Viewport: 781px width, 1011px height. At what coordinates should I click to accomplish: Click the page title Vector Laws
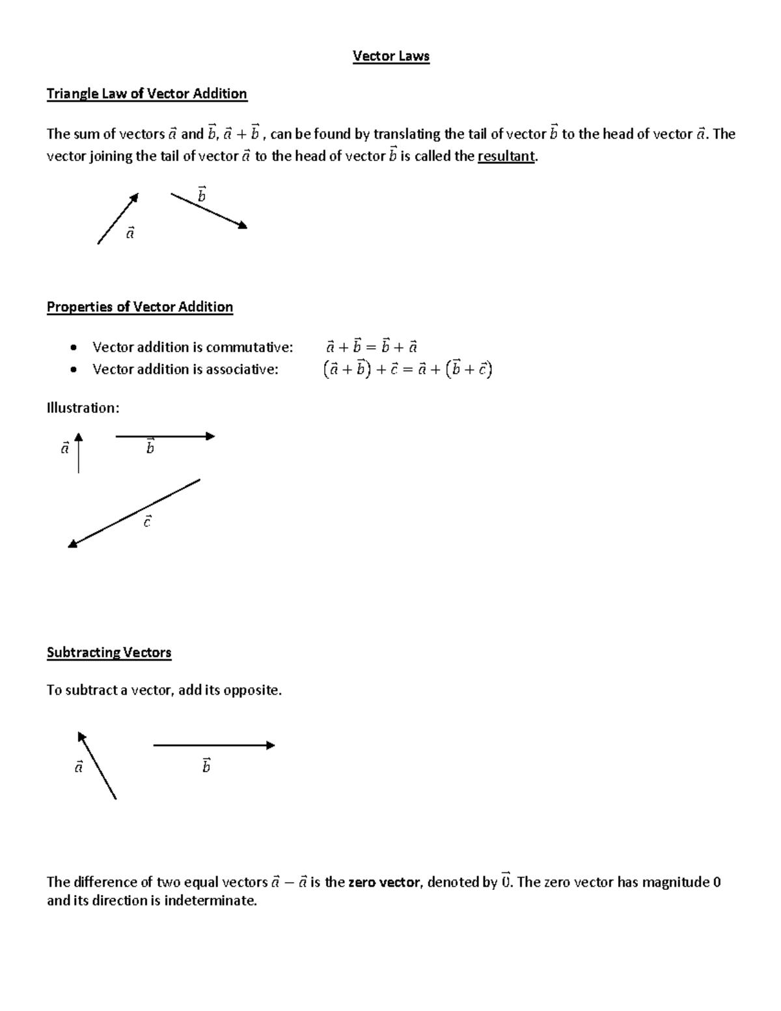pos(390,57)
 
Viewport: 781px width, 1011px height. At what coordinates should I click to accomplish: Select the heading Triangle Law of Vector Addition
pos(146,94)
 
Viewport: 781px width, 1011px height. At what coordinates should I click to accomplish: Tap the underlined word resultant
pos(506,157)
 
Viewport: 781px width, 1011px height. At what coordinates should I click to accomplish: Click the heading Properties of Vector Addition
pos(139,307)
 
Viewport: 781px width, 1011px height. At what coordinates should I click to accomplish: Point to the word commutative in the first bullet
pos(249,347)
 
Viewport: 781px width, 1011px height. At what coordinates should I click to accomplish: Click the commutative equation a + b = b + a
pos(371,347)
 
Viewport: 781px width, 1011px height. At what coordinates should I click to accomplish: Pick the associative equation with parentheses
pos(407,370)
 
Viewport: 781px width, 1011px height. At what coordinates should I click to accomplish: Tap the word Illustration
pos(83,408)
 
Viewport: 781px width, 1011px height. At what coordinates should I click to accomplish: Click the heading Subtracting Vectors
pos(109,653)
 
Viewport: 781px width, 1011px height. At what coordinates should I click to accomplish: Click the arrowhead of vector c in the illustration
pos(73,544)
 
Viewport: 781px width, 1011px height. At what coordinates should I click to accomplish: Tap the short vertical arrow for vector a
pos(78,452)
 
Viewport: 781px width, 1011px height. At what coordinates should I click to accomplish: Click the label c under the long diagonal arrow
pos(148,521)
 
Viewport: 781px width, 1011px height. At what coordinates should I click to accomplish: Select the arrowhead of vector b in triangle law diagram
pos(242,226)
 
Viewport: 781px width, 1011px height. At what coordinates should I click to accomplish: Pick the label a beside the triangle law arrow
pos(130,232)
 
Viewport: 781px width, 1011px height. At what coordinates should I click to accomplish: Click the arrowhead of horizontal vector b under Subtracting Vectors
pos(271,745)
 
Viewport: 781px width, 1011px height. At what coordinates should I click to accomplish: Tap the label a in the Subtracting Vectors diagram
pos(79,767)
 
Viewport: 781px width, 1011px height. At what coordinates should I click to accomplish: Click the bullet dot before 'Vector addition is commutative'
pos(75,347)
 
